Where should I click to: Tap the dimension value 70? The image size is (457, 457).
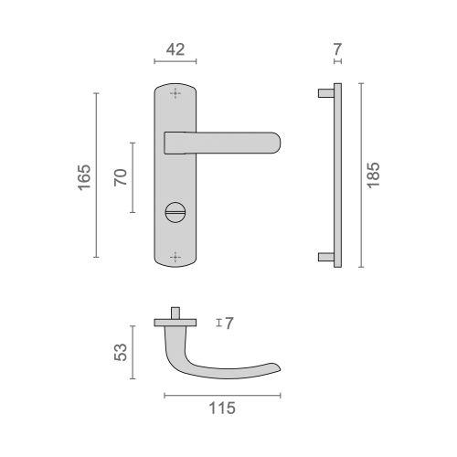[119, 175]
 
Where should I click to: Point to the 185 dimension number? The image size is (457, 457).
[373, 175]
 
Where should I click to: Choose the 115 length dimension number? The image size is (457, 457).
[221, 409]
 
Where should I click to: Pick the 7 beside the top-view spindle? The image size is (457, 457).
[229, 323]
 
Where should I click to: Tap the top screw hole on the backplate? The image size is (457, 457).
[175, 95]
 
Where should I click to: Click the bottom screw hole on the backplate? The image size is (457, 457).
[175, 257]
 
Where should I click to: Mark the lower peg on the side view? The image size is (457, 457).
[324, 257]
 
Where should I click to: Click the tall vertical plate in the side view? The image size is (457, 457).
[336, 175]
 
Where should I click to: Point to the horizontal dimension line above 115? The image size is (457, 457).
[222, 394]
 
